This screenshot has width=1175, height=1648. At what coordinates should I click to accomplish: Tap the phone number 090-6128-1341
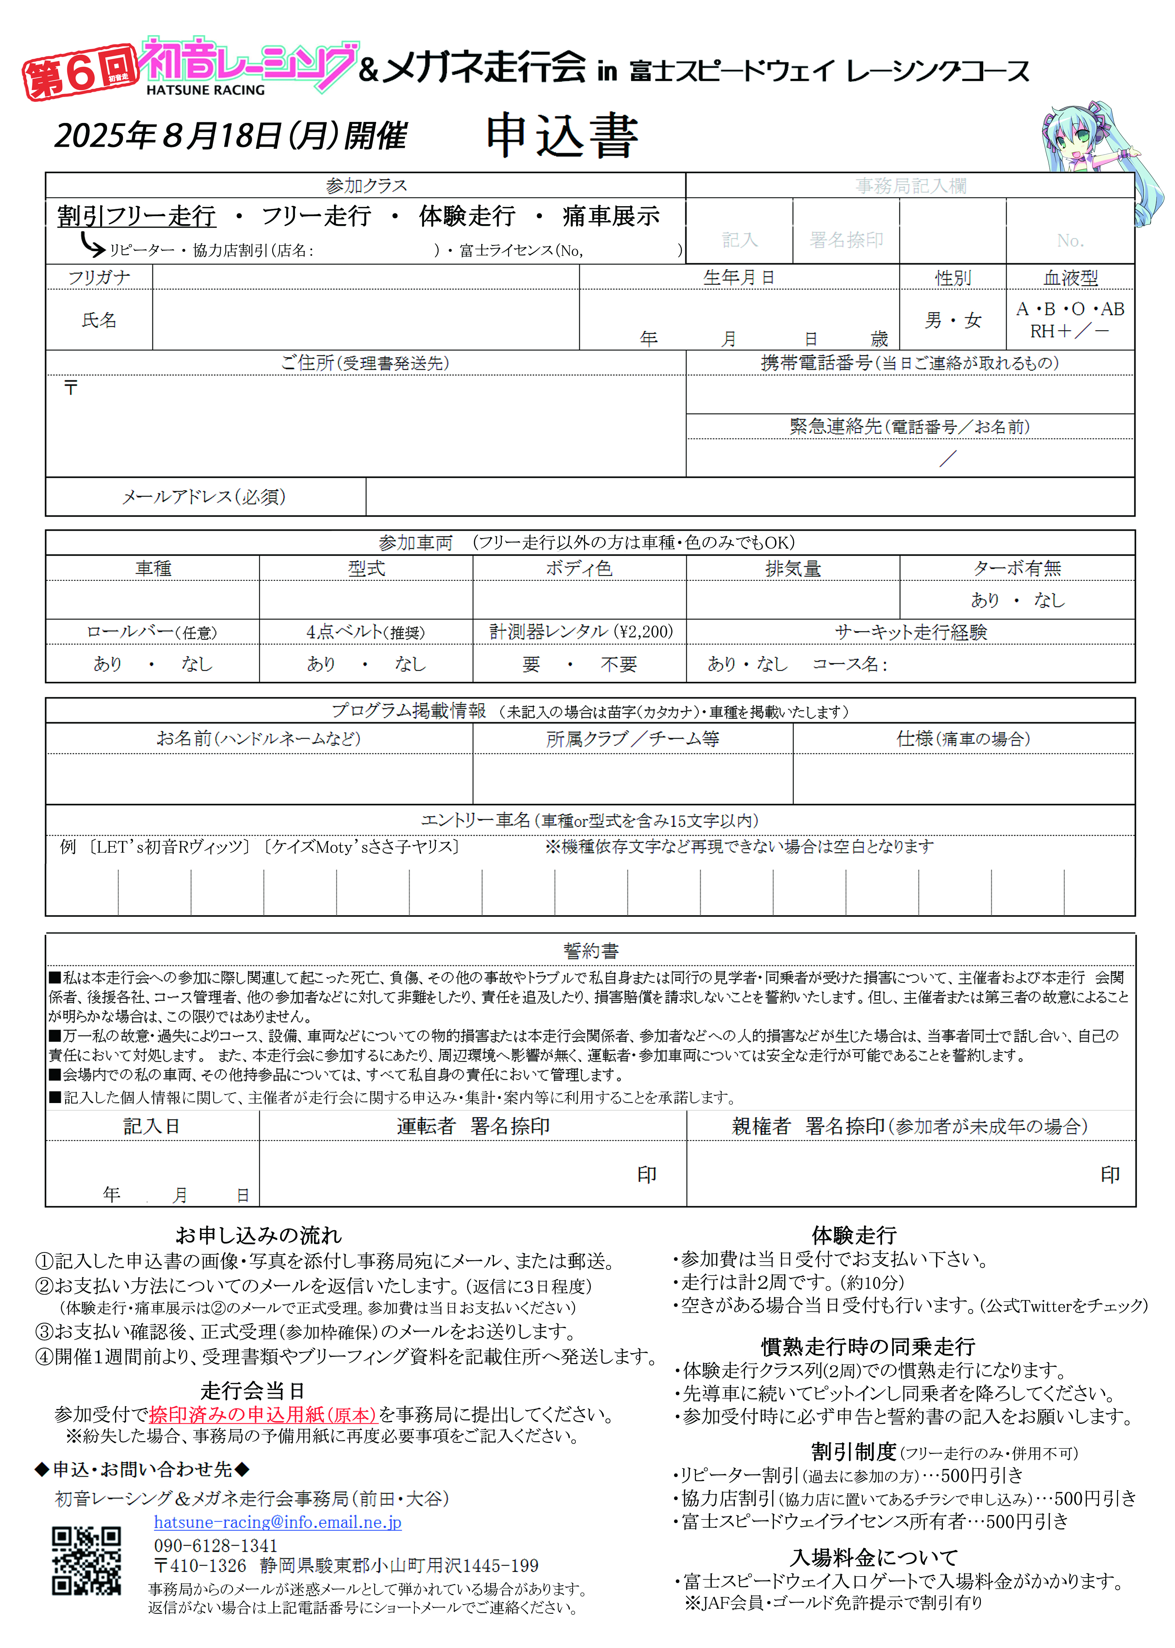point(216,1545)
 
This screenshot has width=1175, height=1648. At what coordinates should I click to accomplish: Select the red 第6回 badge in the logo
point(79,72)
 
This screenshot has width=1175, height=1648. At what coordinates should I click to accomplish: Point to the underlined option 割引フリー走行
point(137,215)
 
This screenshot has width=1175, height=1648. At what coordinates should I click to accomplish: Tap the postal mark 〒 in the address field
point(70,388)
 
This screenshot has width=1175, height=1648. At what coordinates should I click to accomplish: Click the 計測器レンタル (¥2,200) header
point(580,632)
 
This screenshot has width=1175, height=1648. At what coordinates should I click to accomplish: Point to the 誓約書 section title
point(590,951)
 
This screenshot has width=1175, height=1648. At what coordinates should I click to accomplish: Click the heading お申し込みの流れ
point(258,1235)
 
